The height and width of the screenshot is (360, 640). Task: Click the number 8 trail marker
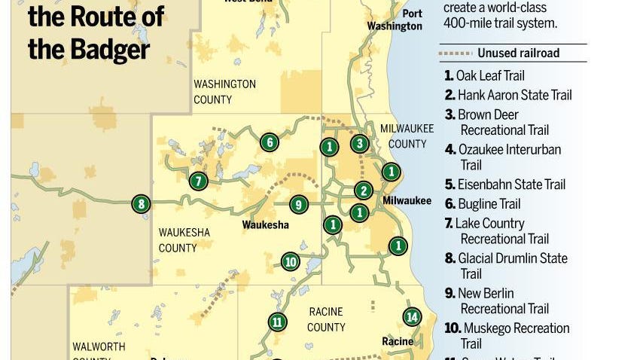140,203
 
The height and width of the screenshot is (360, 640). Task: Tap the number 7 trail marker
198,181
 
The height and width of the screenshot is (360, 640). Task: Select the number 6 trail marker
269,142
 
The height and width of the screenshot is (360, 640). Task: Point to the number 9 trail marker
299,204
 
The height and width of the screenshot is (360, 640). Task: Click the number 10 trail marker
291,261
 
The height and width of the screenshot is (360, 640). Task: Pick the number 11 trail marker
277,322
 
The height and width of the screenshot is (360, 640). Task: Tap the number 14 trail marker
411,316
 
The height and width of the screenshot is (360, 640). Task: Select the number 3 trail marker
360,143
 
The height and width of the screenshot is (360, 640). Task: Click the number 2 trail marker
363,191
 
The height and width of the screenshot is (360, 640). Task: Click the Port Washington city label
395,20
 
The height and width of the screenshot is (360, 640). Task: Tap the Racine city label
398,341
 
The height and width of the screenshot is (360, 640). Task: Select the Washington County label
224,92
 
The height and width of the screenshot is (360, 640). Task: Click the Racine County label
326,319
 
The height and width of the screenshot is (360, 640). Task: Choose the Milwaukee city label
407,200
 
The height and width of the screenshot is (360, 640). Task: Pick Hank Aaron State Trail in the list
514,95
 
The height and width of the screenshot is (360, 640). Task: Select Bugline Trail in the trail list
489,203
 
